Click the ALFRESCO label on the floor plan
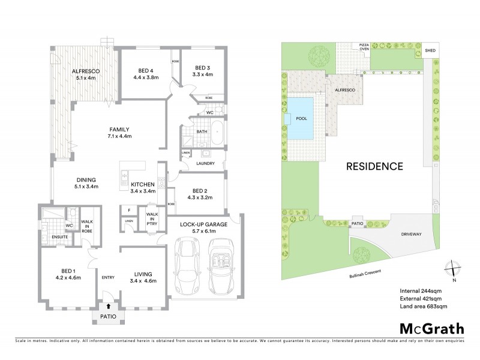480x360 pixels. click(85, 71)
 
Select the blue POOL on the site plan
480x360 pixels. click(301, 119)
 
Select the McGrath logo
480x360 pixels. click(431, 328)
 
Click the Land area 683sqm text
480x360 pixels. click(424, 307)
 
